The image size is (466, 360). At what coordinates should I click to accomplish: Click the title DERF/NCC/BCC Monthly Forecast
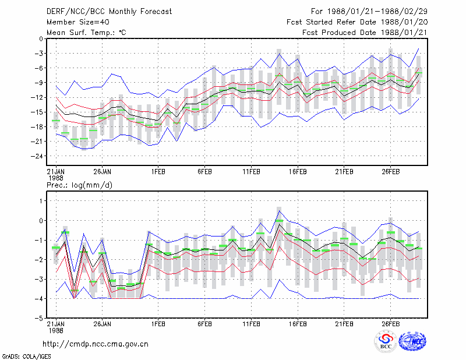point(109,12)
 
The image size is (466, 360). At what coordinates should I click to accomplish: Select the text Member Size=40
point(78,22)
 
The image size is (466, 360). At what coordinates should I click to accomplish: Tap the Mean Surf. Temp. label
point(86,33)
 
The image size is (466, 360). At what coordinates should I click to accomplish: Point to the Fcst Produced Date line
point(365,33)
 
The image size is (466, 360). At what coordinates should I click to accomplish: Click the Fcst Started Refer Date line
point(357,22)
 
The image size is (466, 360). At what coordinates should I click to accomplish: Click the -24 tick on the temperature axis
point(37,156)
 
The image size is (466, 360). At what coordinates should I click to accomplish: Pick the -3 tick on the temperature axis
point(39,54)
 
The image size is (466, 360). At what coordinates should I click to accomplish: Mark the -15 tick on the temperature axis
point(37,112)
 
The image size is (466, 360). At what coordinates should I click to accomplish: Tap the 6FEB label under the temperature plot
point(205,172)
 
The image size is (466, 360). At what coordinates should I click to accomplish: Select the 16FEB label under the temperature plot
point(298,172)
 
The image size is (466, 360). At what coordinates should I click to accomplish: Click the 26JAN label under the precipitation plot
point(103,324)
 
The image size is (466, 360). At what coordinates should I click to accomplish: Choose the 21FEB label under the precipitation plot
point(344,324)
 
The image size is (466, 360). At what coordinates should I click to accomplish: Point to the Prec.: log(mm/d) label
point(79,185)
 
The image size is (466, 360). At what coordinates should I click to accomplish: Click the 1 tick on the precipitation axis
point(41,201)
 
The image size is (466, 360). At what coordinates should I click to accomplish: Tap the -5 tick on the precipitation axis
point(39,319)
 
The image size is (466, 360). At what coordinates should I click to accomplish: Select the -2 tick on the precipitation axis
point(39,260)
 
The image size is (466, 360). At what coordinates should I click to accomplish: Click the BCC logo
point(386,342)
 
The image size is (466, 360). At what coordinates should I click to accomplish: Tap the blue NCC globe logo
point(413,341)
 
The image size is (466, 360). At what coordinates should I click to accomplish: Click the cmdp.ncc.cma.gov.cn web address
point(96,344)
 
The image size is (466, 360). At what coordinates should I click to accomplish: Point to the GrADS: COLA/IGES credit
point(26,357)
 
